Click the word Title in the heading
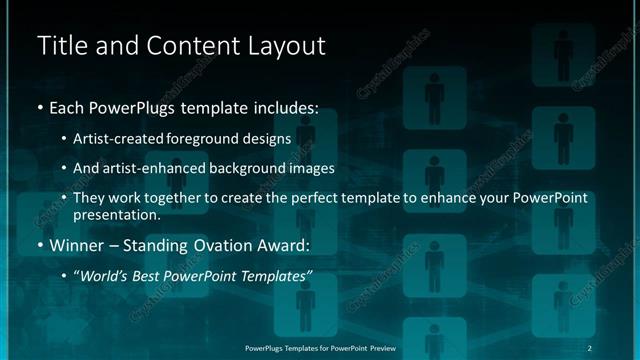tap(60, 45)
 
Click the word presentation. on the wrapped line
tap(117, 214)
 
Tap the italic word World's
tap(104, 275)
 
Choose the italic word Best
tap(150, 275)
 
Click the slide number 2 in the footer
tap(589, 347)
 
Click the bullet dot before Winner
tap(39, 245)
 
